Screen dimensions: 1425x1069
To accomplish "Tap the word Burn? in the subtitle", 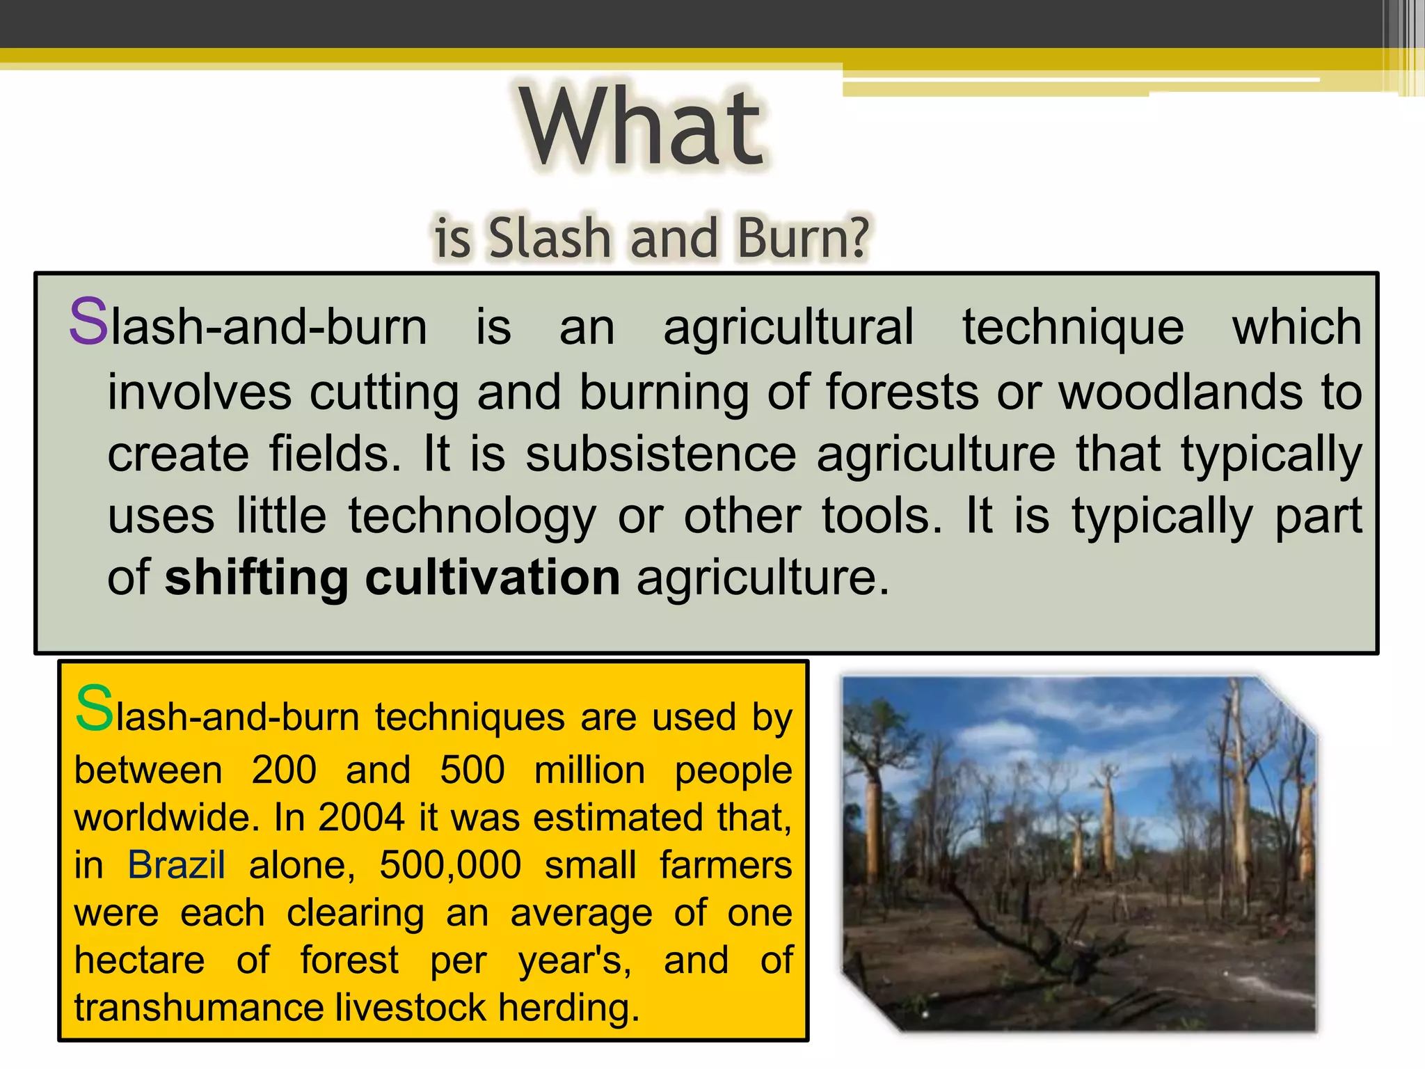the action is tap(803, 237).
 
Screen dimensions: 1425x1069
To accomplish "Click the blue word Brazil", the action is tap(177, 865).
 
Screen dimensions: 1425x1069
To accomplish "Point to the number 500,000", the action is tap(450, 866).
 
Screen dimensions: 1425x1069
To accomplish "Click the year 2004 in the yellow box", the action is tap(361, 817).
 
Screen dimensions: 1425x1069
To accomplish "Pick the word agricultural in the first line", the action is tap(788, 327).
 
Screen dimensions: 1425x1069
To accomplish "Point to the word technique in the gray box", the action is tap(1073, 327).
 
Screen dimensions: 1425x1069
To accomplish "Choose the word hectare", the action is tap(140, 960).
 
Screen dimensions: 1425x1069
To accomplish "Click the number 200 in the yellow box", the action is tap(284, 770).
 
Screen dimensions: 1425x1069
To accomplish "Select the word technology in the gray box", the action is tap(472, 518).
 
